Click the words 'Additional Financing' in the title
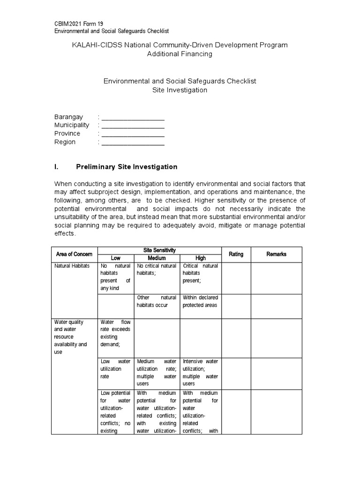(180, 54)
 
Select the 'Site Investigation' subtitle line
(180, 90)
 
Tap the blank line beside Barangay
(133, 117)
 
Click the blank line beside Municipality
(133, 126)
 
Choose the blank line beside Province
(133, 134)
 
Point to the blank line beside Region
(133, 142)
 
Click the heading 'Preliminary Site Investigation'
(127, 167)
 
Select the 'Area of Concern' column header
(74, 254)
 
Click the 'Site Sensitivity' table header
(159, 250)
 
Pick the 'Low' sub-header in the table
(115, 258)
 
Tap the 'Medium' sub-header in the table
(157, 258)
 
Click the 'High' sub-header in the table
(200, 258)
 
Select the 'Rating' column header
(236, 254)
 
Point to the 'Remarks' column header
(276, 254)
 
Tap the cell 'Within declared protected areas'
(200, 301)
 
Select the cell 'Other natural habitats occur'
(157, 301)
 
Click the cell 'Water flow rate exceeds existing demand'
(115, 333)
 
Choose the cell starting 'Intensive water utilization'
(200, 372)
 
